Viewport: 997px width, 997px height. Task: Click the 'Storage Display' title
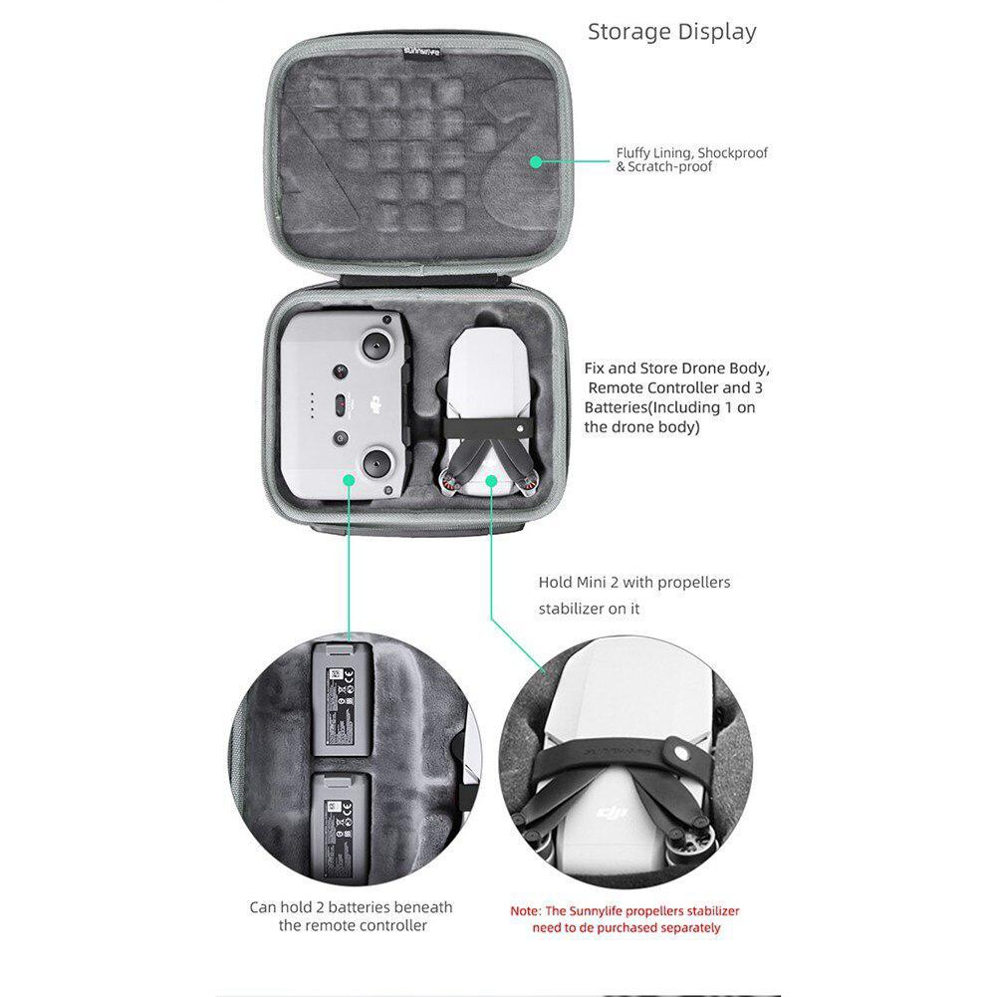coord(671,31)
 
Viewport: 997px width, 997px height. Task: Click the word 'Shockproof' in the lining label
coord(732,153)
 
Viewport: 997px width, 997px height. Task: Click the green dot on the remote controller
coord(349,480)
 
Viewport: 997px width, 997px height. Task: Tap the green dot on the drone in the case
coord(490,480)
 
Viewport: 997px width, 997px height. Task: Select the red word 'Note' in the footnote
coord(525,911)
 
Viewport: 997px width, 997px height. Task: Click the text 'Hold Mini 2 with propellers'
coord(633,582)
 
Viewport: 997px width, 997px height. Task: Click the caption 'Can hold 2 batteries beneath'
coord(350,907)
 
